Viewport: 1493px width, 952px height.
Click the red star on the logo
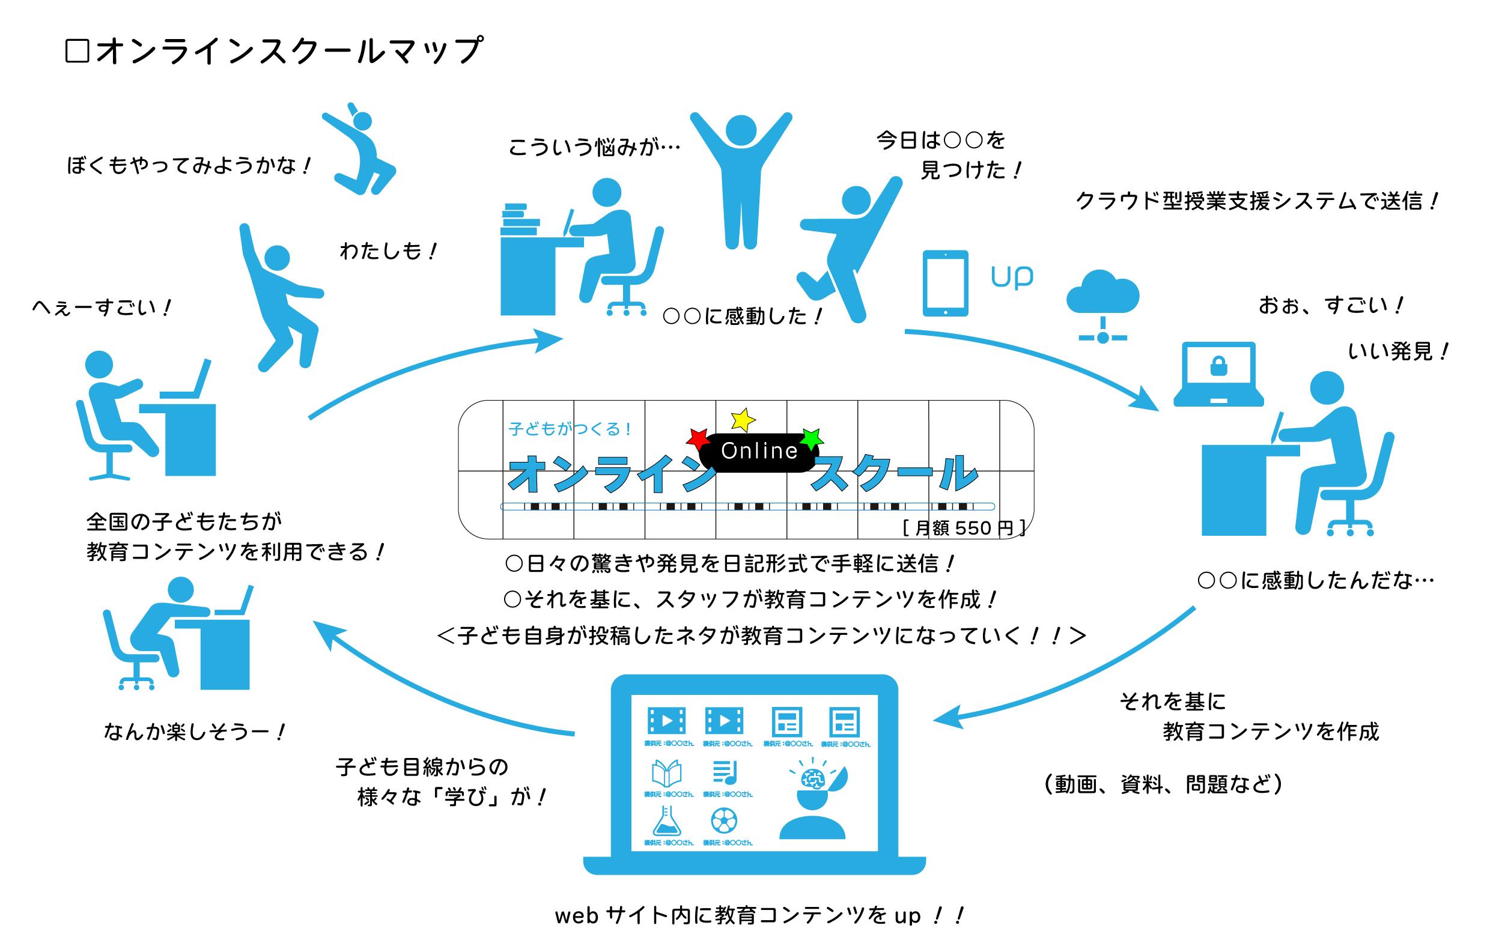coord(699,439)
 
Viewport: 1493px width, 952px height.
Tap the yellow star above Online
coord(742,420)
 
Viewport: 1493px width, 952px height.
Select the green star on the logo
coord(811,439)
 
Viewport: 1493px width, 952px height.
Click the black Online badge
coord(759,451)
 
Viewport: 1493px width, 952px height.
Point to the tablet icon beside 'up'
coord(945,283)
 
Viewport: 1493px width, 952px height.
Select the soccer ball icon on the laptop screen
coord(724,822)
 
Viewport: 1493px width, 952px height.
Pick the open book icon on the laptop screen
coord(666,774)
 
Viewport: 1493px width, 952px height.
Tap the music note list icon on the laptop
coord(724,772)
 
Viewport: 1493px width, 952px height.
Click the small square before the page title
coord(78,52)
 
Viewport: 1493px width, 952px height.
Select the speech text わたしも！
coord(388,252)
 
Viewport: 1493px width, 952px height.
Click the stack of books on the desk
coord(520,220)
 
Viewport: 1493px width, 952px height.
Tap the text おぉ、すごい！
coord(1331,306)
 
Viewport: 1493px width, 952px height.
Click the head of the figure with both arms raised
coord(741,130)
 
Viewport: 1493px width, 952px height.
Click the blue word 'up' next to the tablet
coord(1012,277)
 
